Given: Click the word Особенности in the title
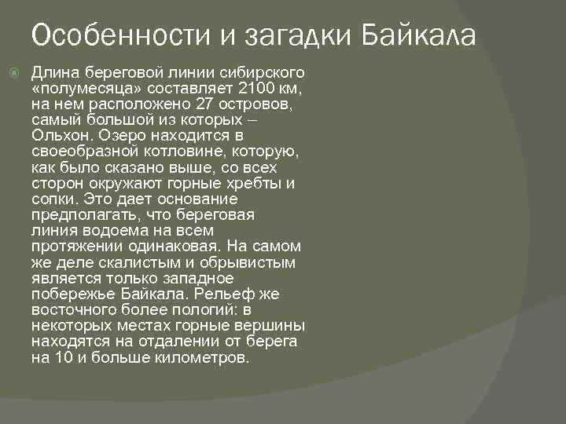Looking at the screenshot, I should click(x=108, y=35).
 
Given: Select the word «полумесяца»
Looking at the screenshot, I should click(x=77, y=88).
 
